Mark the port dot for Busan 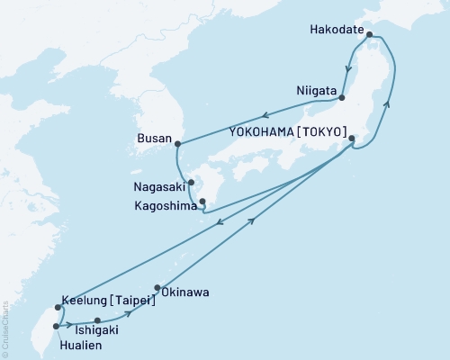178,143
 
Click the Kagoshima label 163,203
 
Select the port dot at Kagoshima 202,202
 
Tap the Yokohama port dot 352,139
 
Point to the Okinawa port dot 157,289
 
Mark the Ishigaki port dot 97,319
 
